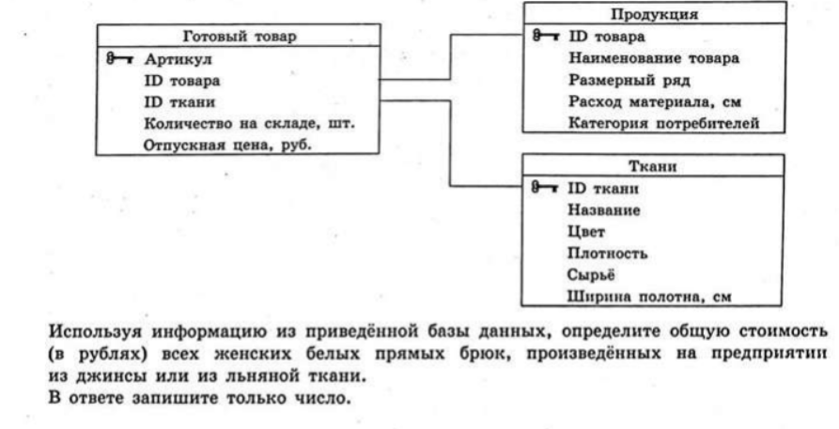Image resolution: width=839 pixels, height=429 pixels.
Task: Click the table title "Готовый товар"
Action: [x=240, y=37]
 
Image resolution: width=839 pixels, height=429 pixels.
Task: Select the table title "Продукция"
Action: [x=655, y=14]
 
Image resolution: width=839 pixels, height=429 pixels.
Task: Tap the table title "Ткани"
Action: [x=652, y=166]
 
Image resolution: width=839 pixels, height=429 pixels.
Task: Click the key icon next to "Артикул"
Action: [x=120, y=59]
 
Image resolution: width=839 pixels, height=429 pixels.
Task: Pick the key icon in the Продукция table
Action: [x=546, y=37]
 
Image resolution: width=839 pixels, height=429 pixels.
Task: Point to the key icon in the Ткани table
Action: [x=545, y=188]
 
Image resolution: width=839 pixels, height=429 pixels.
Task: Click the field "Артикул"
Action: [x=178, y=59]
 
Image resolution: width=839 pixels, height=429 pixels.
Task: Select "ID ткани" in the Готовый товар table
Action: [x=179, y=101]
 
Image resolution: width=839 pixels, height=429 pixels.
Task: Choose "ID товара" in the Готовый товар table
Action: [x=182, y=81]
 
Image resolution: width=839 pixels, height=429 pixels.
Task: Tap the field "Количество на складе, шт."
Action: [x=249, y=124]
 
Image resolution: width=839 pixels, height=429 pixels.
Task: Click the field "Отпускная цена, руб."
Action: [x=227, y=145]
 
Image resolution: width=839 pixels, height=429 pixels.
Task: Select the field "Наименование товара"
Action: [x=653, y=58]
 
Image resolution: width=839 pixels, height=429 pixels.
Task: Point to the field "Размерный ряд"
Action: [x=629, y=80]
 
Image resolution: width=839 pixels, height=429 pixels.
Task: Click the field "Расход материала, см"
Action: [x=655, y=101]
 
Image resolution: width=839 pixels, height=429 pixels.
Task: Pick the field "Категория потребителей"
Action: [x=663, y=123]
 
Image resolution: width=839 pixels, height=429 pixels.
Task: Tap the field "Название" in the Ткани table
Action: [x=603, y=209]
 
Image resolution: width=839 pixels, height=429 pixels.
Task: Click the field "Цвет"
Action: [x=586, y=232]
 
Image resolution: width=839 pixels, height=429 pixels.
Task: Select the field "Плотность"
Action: [x=607, y=253]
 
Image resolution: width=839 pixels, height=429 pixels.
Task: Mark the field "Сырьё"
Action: [x=591, y=274]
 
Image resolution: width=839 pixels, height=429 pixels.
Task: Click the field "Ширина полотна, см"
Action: [x=649, y=297]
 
